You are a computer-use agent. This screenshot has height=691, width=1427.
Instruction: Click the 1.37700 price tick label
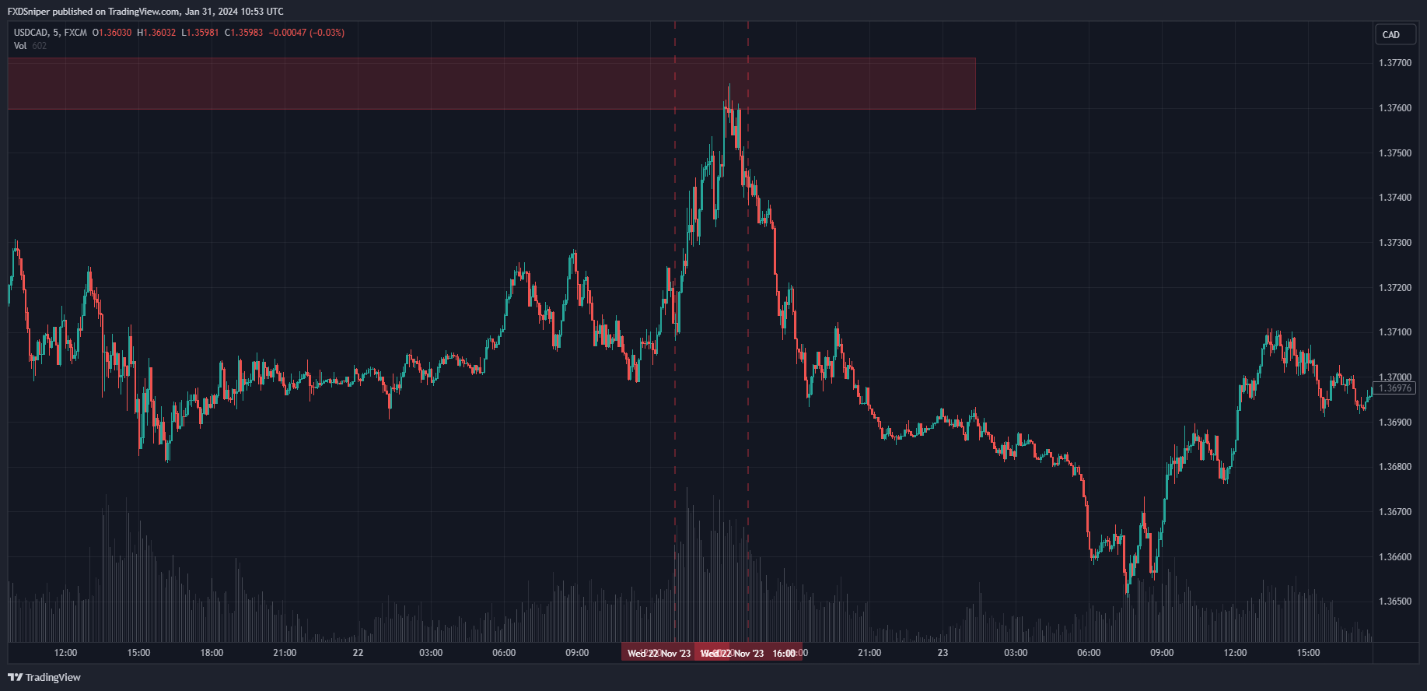click(x=1394, y=63)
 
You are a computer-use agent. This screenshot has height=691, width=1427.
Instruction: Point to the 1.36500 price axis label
click(x=1394, y=602)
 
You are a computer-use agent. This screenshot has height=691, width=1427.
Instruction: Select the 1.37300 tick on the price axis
click(x=1394, y=243)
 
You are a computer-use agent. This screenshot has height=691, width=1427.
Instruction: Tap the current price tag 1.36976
click(x=1394, y=388)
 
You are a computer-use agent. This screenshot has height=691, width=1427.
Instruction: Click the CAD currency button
click(x=1391, y=35)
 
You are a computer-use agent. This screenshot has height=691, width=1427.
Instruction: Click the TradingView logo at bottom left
click(x=44, y=677)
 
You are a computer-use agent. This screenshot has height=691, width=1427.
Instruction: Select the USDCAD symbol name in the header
click(x=30, y=33)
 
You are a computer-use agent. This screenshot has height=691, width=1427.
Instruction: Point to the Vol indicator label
click(x=20, y=46)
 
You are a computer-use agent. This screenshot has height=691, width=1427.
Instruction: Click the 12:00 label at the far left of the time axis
click(x=65, y=653)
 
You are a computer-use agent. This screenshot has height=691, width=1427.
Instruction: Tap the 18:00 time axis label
click(x=212, y=653)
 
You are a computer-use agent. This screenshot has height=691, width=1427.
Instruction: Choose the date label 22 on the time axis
click(x=358, y=653)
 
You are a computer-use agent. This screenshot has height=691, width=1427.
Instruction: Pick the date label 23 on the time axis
click(x=943, y=653)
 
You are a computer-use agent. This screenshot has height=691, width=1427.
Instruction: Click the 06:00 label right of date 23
click(x=1089, y=653)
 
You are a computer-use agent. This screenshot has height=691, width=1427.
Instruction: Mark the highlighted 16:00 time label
click(x=784, y=654)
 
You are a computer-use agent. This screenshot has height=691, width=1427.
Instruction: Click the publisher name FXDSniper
click(x=29, y=12)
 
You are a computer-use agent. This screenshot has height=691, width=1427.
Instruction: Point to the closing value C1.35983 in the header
click(x=243, y=33)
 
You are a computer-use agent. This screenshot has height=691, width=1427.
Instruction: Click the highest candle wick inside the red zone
click(x=729, y=85)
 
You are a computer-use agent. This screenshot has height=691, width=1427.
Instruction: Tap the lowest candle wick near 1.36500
click(x=1127, y=595)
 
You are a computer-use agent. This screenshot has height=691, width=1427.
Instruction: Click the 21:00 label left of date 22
click(x=285, y=653)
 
